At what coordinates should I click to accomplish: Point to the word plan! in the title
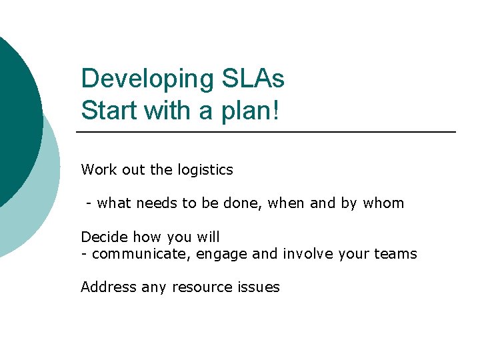click(x=253, y=111)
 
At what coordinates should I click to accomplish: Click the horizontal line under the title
click(x=267, y=132)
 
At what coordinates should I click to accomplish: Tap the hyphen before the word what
click(x=88, y=204)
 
